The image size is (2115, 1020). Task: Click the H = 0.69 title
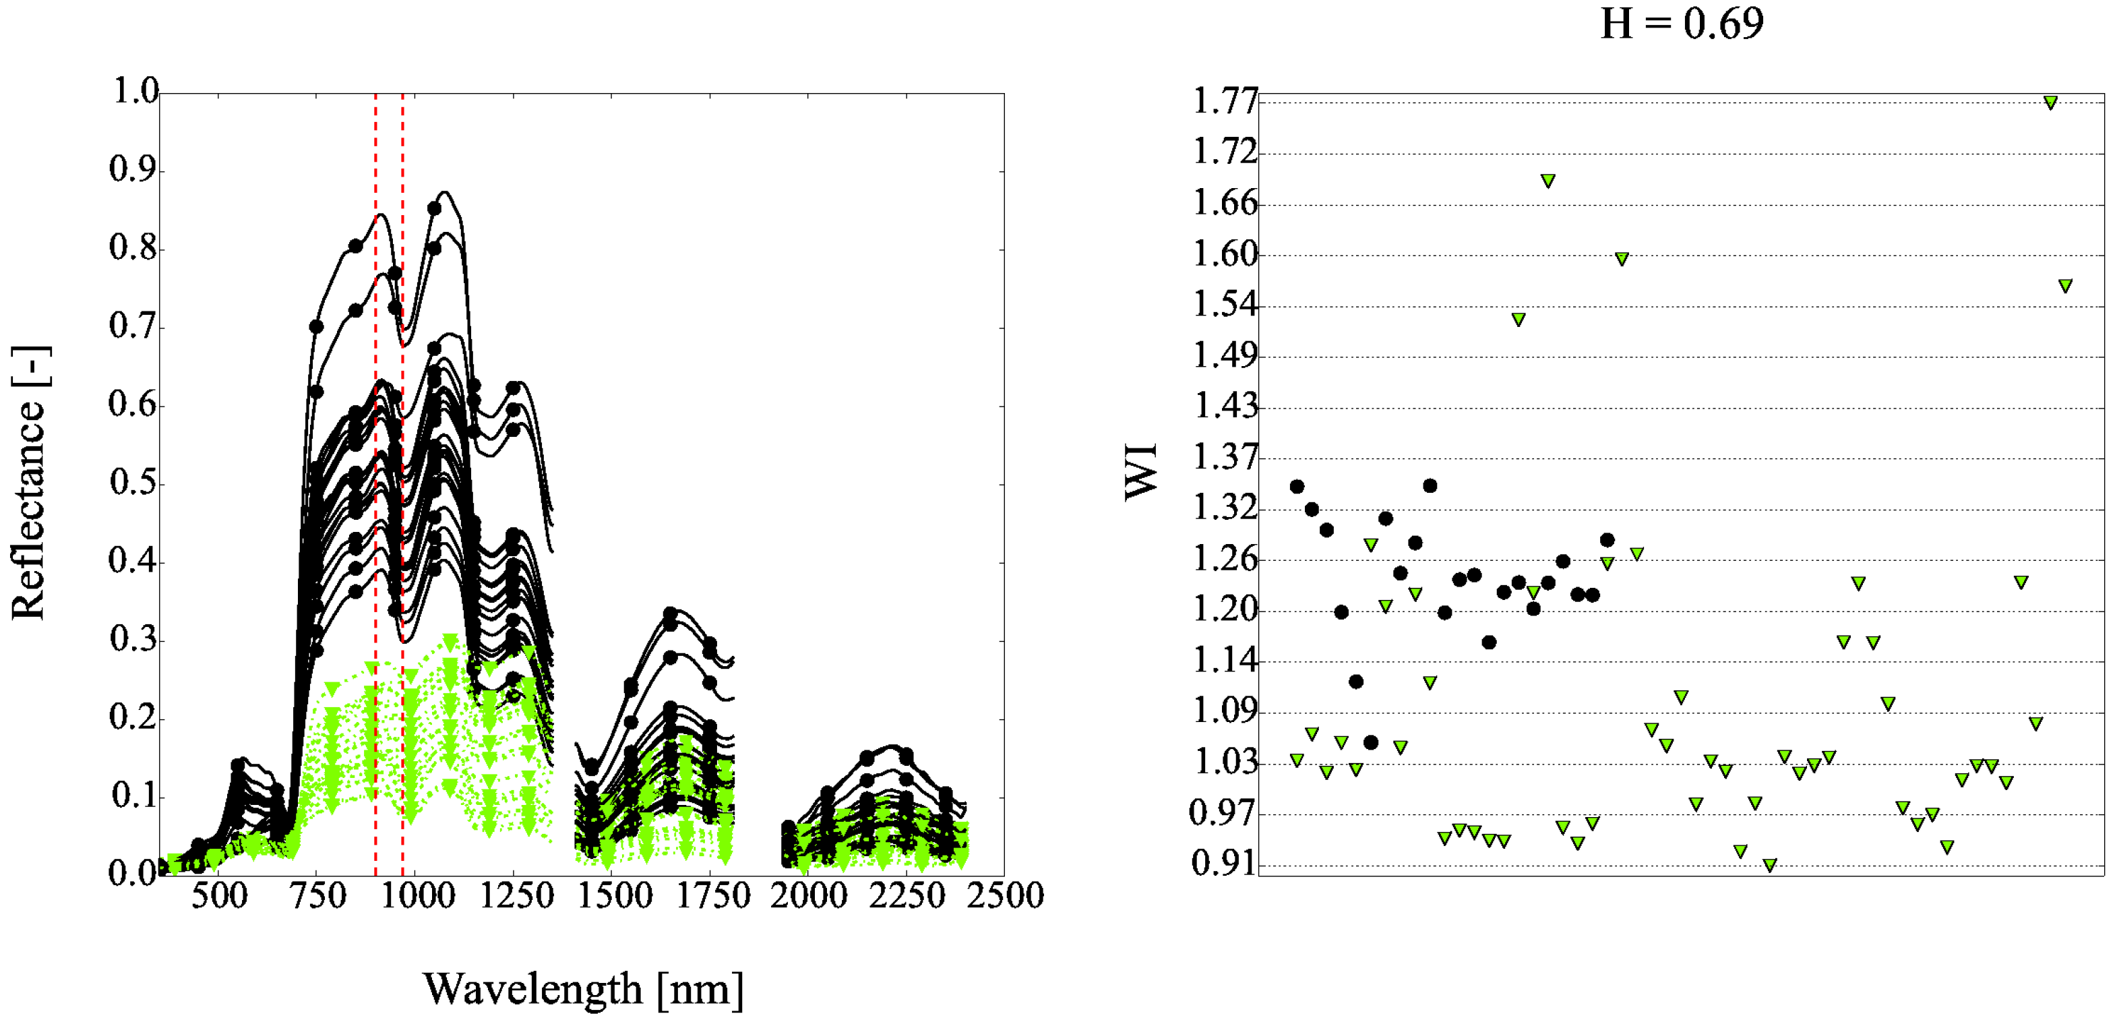pyautogui.click(x=1682, y=23)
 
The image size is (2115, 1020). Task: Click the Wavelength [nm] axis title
pyautogui.click(x=583, y=990)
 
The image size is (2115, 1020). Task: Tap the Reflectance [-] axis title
pyautogui.click(x=30, y=483)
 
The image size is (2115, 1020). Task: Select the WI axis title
pyautogui.click(x=1140, y=471)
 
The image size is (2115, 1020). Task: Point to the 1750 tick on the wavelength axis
pyautogui.click(x=712, y=896)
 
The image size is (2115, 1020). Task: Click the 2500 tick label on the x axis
pyautogui.click(x=1005, y=896)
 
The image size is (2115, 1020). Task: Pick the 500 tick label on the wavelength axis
pyautogui.click(x=219, y=896)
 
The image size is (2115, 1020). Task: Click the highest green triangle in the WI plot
pyautogui.click(x=2050, y=102)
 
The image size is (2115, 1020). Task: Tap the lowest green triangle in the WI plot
pyautogui.click(x=1770, y=865)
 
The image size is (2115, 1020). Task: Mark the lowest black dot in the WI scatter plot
pyautogui.click(x=1370, y=742)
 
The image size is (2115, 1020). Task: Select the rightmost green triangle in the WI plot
pyautogui.click(x=2065, y=286)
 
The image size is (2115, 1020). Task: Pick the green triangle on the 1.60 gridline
pyautogui.click(x=1622, y=259)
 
